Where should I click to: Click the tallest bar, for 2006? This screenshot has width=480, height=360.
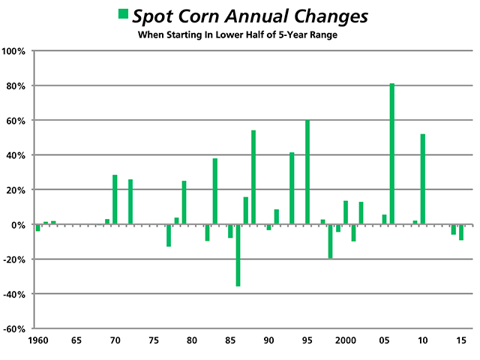point(392,154)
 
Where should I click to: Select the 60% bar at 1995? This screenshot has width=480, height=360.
point(307,172)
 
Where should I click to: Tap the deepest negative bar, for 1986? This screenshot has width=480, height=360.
point(238,255)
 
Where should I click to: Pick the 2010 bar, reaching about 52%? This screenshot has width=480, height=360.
point(423,179)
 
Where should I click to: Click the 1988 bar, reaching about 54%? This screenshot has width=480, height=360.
point(253,178)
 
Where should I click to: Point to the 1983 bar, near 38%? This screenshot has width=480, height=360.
point(215,191)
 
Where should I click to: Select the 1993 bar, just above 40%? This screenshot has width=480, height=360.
point(292,188)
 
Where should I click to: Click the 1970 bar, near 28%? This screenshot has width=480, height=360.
point(115,199)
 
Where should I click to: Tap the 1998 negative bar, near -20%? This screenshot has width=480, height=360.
point(330,241)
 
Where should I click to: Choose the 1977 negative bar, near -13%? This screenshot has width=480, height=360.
point(169,235)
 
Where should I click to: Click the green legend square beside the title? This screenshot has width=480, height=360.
point(123,15)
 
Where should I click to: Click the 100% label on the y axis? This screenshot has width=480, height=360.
point(15,52)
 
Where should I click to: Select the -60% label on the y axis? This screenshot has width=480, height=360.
point(15,328)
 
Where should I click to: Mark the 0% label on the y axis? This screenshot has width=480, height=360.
point(19,225)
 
